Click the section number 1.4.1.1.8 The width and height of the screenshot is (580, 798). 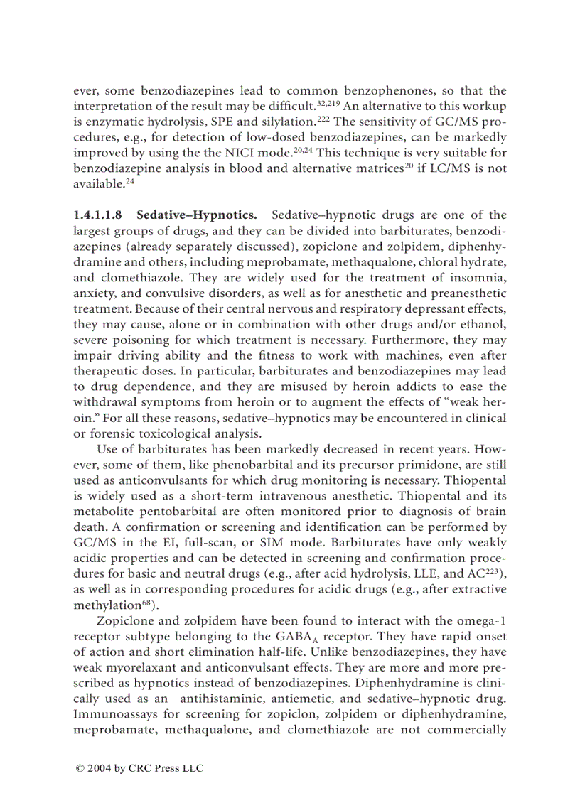point(100,215)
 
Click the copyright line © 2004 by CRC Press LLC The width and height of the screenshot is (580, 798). point(139,767)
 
